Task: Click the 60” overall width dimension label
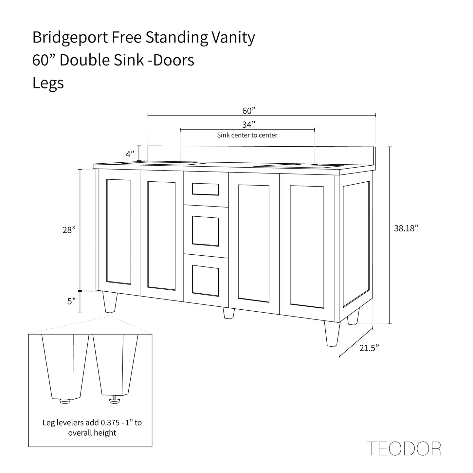click(249, 111)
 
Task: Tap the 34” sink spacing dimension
click(249, 125)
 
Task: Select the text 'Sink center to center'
click(247, 135)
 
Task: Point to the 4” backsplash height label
click(130, 154)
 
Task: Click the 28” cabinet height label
click(69, 230)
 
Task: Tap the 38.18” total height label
click(406, 228)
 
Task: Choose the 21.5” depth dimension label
click(369, 348)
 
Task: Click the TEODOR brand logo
click(404, 449)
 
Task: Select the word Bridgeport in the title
click(70, 38)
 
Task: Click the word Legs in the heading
click(48, 83)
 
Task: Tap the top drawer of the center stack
click(206, 189)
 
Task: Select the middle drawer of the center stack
click(206, 230)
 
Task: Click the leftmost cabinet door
click(119, 231)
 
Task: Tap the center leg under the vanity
click(228, 313)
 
